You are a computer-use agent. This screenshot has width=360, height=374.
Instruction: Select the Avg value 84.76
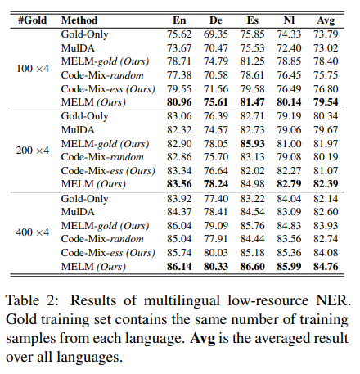335,266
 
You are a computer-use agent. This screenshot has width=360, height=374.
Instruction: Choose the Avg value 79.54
335,104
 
